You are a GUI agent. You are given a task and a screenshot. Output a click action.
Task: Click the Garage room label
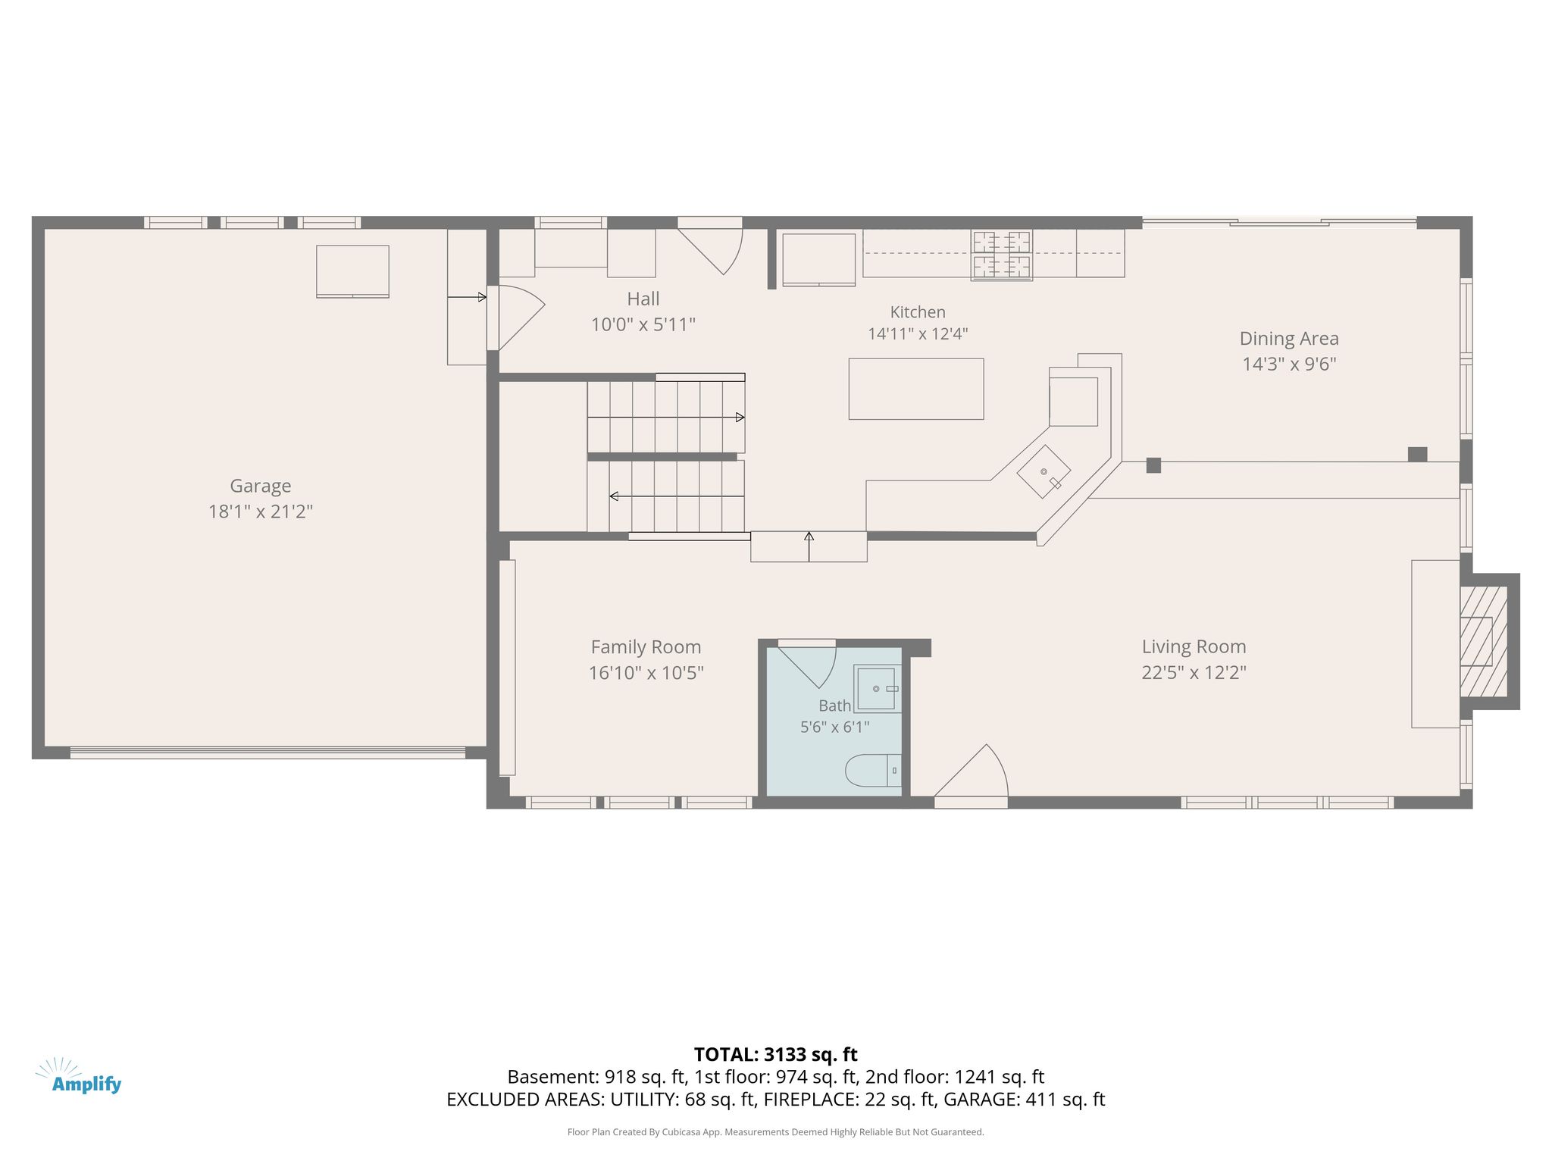point(261,486)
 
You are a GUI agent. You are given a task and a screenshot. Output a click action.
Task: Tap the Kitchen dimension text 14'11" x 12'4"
point(918,333)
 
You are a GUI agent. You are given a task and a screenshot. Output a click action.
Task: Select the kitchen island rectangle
point(916,389)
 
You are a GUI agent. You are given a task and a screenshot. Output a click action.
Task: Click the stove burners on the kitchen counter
point(1002,255)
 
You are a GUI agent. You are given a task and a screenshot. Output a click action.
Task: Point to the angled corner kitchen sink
point(1044,471)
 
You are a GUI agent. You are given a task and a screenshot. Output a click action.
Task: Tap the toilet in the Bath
point(874,771)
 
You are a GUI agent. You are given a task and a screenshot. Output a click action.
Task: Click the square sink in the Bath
point(878,688)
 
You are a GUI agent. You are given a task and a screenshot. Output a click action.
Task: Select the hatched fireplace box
point(1483,641)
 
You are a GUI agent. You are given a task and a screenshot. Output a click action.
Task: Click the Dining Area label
point(1289,339)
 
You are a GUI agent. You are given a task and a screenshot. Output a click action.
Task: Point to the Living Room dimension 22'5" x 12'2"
point(1194,672)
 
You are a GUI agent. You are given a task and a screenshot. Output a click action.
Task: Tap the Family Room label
point(646,647)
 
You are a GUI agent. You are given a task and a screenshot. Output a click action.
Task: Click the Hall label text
point(643,299)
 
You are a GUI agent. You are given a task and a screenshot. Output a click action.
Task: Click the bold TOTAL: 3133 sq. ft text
point(776,1054)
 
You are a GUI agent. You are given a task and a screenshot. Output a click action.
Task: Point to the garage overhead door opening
point(268,753)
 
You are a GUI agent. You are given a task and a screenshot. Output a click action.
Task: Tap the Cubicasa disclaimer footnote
point(776,1132)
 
